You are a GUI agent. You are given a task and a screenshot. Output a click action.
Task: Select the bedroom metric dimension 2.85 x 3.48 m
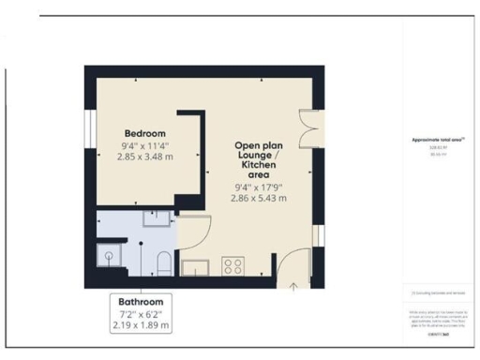click(145, 157)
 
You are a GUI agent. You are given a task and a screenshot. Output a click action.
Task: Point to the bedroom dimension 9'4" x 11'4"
click(145, 145)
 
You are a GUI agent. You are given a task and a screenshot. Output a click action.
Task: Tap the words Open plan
click(258, 146)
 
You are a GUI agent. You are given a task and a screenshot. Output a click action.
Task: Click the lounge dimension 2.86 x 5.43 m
click(258, 200)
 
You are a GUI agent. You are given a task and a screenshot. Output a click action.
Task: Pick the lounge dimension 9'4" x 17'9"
click(258, 187)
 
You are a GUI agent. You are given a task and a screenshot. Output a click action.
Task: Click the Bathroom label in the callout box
click(141, 302)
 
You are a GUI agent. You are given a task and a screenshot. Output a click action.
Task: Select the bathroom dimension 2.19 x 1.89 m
click(141, 325)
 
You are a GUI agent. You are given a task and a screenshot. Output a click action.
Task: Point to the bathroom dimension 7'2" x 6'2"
click(141, 314)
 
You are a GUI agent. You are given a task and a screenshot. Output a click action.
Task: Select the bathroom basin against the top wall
click(154, 218)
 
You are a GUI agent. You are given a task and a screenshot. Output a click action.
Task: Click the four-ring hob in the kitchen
click(232, 266)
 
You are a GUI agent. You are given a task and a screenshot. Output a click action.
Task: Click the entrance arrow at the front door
click(293, 286)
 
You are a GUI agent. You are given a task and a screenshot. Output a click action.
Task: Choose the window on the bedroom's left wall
click(89, 124)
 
